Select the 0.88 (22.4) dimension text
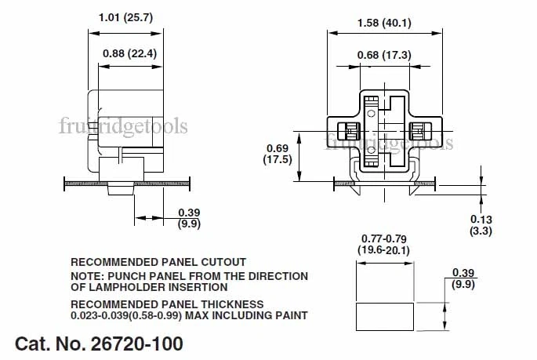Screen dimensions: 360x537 tap(130, 53)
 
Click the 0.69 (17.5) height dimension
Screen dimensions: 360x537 tap(279, 153)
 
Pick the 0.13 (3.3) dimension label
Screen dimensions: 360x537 tap(481, 225)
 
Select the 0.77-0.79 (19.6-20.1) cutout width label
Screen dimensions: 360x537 tap(385, 244)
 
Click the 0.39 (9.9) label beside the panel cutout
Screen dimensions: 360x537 tap(463, 278)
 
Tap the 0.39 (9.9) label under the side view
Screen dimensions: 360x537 tap(189, 217)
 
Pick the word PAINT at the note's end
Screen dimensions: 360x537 tap(289, 315)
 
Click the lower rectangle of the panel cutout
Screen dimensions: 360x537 tap(385, 316)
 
